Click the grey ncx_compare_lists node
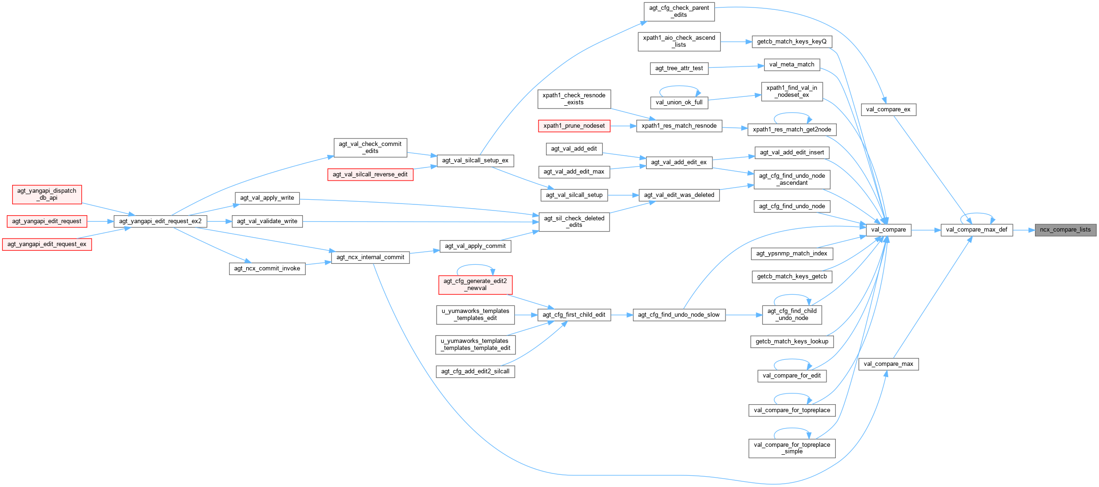[1065, 230]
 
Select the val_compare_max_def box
[977, 230]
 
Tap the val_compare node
[888, 230]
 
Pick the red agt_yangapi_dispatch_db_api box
[47, 194]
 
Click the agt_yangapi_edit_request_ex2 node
[160, 221]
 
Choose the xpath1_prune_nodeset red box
[574, 126]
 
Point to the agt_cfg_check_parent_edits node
[679, 11]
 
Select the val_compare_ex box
[888, 109]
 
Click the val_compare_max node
[888, 364]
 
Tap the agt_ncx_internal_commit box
[370, 257]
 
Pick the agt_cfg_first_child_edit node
[574, 315]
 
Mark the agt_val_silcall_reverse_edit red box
[370, 174]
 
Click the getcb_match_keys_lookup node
[792, 342]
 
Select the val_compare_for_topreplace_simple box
[792, 448]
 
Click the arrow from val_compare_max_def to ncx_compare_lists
[1024, 230]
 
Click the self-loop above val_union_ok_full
[679, 87]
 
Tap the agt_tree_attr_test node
[679, 68]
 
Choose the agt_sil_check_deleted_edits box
[574, 222]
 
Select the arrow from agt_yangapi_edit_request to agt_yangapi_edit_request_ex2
[100, 221]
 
